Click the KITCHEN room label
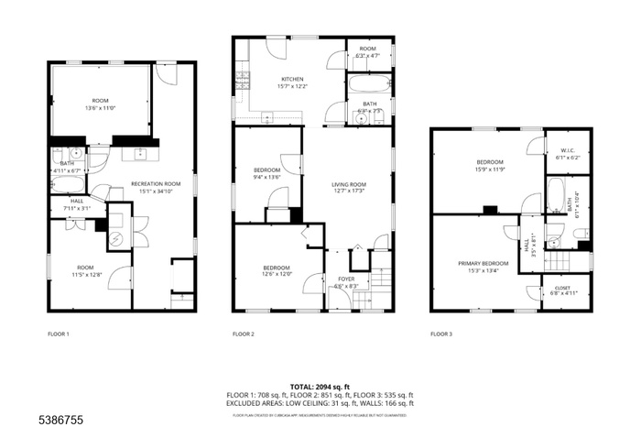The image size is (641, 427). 292,80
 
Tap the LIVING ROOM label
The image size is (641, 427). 349,184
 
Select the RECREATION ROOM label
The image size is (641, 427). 152,184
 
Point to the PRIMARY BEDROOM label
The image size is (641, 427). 483,263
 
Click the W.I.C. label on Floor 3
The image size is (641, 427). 567,150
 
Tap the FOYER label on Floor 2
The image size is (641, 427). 346,279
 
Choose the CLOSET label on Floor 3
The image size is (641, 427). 562,287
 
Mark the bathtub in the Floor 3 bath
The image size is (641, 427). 557,193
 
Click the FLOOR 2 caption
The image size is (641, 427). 244,334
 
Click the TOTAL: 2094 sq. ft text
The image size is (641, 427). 320,388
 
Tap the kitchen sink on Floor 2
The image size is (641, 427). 269,116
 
